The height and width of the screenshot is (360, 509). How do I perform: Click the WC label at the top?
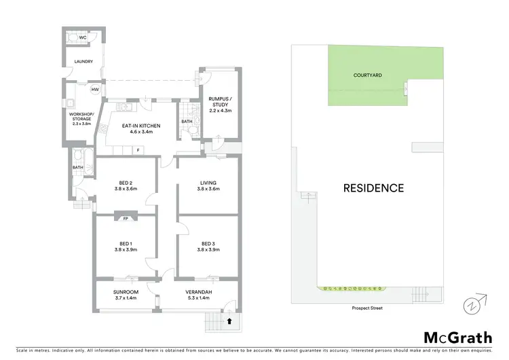83,37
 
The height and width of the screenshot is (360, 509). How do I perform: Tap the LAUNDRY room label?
83,62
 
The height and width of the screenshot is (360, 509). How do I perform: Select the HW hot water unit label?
95,89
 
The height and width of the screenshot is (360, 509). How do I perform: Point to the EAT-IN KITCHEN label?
140,126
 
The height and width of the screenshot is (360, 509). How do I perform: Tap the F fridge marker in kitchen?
138,149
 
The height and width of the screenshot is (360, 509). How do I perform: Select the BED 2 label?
126,182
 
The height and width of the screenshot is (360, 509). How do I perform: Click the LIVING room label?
208,182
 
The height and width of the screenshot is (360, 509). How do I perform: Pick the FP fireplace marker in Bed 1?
126,219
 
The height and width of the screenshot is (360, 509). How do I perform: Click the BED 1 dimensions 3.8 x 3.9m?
126,249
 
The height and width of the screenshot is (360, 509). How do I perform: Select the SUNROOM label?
126,292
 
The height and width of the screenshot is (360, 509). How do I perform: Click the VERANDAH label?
200,292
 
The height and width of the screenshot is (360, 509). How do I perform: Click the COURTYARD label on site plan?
366,75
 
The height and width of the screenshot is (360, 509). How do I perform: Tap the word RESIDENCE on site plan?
373,188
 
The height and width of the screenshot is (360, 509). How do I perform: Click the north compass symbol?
474,304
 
